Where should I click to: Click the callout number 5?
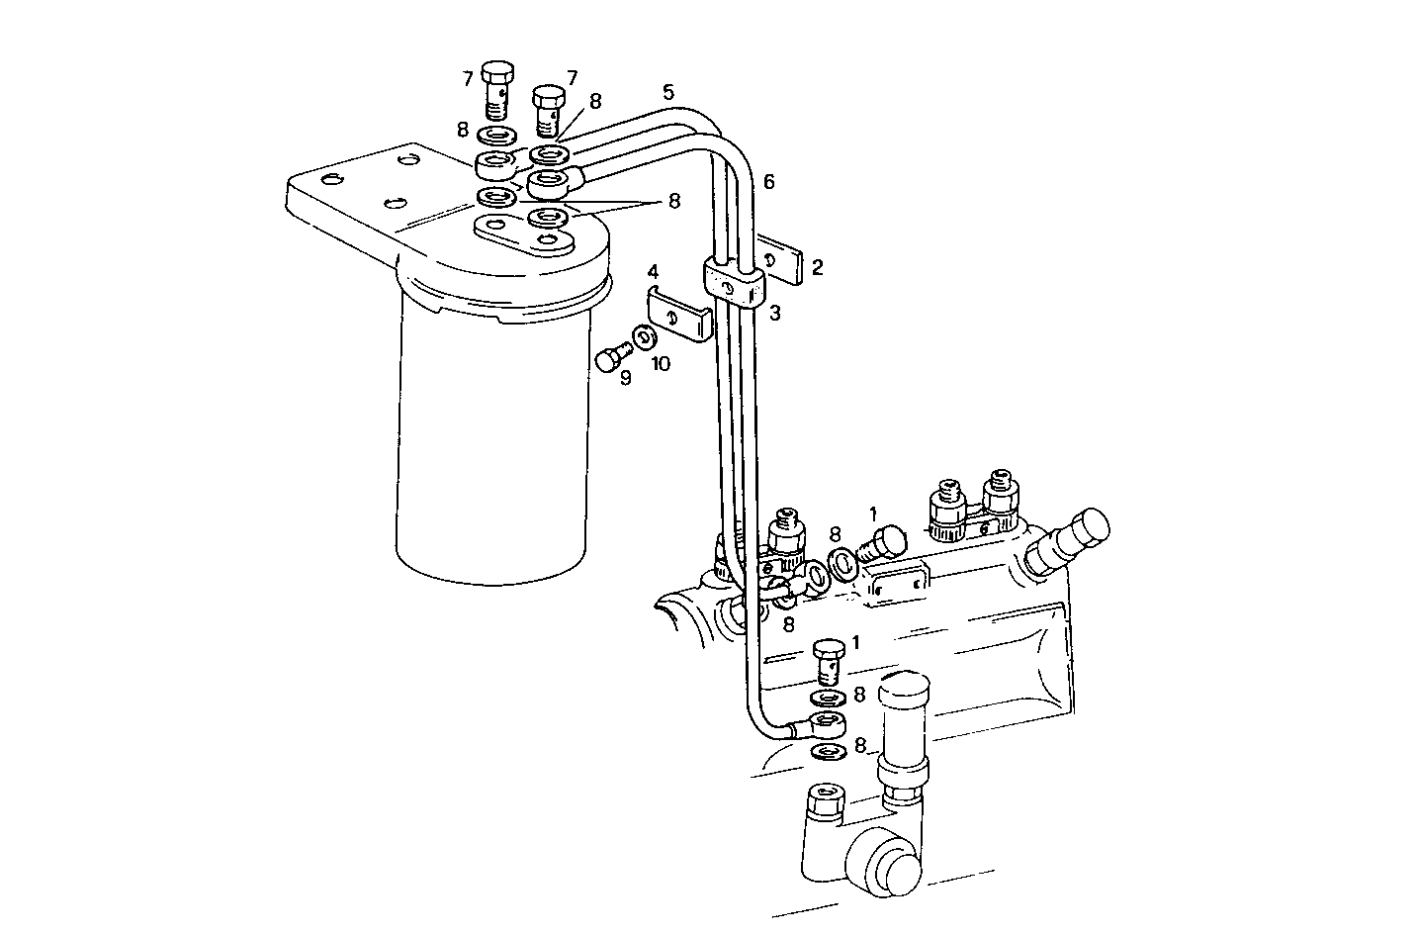(x=668, y=93)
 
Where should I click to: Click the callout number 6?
(x=769, y=182)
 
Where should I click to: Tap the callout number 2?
(x=817, y=267)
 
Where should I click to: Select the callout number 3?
(x=775, y=314)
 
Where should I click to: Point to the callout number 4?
(x=654, y=270)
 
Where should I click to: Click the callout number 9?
(x=625, y=378)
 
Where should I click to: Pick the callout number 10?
(x=661, y=364)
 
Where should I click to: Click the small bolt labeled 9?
(x=611, y=357)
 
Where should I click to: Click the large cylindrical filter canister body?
(x=491, y=435)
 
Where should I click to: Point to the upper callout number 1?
(x=873, y=514)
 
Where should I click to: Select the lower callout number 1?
(x=854, y=642)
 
